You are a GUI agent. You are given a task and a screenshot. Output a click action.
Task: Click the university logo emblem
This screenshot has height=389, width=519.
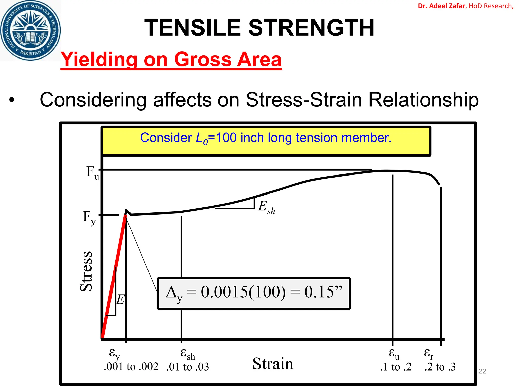pos(30,30)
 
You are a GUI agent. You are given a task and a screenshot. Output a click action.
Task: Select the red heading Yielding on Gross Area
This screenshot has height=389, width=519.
pos(171,60)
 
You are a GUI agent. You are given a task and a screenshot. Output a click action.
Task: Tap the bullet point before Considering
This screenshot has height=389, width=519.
pos(12,100)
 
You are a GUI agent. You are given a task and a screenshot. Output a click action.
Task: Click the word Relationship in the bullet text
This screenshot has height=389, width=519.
pos(423,100)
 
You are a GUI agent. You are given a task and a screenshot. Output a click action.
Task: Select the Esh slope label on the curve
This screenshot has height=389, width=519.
pos(266,207)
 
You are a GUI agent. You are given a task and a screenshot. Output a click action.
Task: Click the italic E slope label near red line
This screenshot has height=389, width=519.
pos(121,300)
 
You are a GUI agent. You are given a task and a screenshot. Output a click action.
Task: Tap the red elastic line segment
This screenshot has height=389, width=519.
pos(114,276)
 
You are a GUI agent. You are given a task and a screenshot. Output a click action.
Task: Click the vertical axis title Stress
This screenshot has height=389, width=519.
pos(86,271)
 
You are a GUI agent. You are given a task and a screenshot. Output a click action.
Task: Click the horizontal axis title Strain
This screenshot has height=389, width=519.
pos(273,364)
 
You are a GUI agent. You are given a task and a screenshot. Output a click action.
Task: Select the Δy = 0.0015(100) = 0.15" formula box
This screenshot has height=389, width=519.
pos(254,293)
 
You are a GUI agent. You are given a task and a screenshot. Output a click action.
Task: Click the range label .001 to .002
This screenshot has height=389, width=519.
pos(131,367)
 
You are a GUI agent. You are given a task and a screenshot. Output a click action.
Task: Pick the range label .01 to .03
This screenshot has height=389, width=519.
pos(187,367)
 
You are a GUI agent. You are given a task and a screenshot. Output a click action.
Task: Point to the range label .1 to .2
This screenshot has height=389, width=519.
pos(396,367)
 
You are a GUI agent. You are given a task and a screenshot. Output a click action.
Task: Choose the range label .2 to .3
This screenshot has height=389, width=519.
pos(440,367)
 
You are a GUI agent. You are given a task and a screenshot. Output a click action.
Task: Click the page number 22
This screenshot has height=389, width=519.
pos(482,371)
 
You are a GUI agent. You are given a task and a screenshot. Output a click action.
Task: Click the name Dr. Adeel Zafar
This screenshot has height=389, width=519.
pos(441,6)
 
